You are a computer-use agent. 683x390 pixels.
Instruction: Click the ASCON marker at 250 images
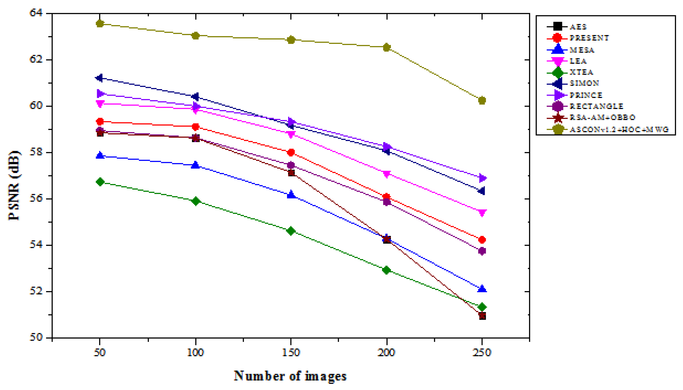click(482, 100)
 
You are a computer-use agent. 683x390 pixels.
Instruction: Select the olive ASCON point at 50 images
click(100, 24)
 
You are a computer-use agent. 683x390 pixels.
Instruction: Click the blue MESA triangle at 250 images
click(482, 289)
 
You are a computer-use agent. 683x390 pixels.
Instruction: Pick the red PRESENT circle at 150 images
click(291, 152)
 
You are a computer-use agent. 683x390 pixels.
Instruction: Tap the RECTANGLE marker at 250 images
click(482, 251)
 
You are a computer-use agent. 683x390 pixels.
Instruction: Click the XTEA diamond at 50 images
click(100, 182)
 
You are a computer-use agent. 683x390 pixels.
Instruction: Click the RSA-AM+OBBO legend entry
click(602, 117)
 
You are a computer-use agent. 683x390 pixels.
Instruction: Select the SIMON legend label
click(584, 83)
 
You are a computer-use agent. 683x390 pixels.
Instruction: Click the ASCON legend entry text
click(619, 130)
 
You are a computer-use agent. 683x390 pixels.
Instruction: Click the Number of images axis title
click(290, 376)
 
